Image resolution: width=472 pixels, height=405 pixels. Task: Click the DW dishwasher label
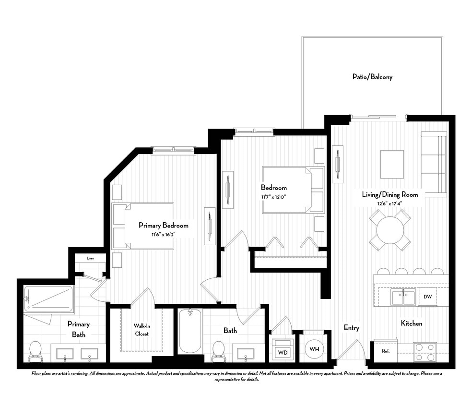427,297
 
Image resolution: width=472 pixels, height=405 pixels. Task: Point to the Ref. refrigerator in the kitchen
386,350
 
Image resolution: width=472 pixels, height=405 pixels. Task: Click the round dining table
390,230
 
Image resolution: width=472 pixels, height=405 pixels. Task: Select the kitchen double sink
402,298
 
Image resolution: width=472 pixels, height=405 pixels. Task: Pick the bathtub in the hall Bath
190,331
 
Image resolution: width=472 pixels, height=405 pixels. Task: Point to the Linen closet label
90,258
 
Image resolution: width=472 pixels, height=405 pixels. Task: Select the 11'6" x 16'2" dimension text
163,234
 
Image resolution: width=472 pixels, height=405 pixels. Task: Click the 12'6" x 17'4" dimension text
389,203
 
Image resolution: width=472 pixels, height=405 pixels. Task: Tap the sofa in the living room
434,163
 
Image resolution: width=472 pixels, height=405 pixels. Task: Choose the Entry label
351,328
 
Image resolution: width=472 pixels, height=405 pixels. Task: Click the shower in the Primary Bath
48,299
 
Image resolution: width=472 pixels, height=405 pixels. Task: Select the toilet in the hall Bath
218,351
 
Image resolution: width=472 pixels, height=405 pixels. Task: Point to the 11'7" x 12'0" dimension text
273,196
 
